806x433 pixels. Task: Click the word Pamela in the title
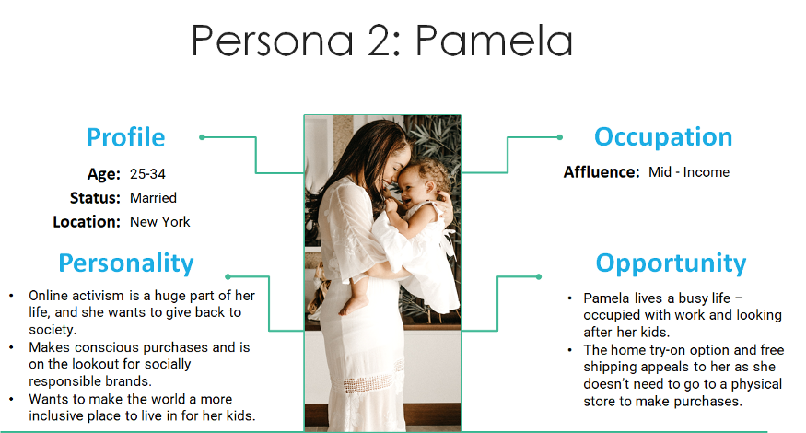494,41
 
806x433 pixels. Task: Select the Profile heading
126,137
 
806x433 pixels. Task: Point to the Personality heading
126,263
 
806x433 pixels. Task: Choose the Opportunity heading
671,263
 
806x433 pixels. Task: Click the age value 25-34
147,174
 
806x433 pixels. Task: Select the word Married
153,198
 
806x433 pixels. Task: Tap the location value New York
160,222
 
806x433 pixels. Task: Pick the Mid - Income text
689,171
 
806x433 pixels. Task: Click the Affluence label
602,171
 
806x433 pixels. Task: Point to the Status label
95,198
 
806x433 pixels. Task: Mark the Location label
87,222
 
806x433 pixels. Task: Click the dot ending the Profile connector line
202,137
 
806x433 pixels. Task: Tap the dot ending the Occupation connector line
560,137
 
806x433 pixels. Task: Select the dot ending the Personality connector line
228,276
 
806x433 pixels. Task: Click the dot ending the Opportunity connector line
539,276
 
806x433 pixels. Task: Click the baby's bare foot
352,306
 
